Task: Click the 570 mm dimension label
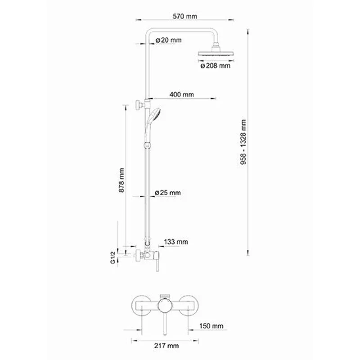point(185,16)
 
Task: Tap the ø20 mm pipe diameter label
point(169,40)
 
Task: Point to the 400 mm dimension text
point(182,94)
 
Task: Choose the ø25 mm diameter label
point(167,192)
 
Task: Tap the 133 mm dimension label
point(176,242)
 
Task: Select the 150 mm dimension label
point(212,325)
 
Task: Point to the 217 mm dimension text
point(166,346)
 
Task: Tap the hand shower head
point(156,114)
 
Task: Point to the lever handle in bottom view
point(166,326)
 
